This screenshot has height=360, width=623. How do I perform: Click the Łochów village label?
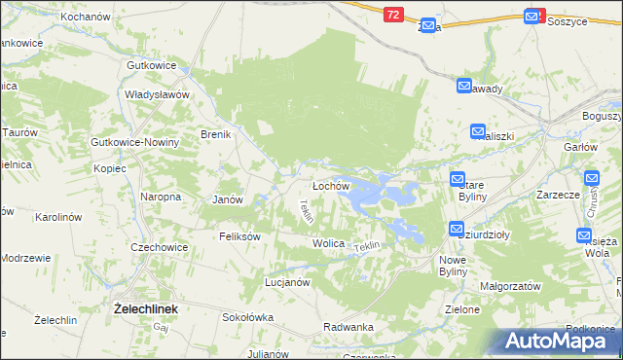click(330, 186)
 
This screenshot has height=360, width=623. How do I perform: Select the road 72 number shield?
click(392, 15)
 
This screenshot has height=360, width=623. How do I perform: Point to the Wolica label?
click(328, 242)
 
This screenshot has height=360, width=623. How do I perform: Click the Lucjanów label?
click(287, 282)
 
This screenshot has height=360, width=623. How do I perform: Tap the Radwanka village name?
click(348, 327)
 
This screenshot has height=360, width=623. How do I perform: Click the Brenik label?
click(215, 134)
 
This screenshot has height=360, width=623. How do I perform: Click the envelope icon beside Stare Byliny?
click(458, 179)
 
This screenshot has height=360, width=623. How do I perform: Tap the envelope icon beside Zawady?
click(464, 87)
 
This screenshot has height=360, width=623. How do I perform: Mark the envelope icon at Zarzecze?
click(592, 179)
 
